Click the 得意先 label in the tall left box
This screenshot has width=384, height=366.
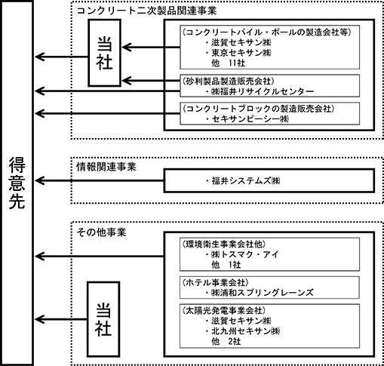pos(17,183)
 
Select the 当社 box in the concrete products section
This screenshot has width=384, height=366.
pos(105,53)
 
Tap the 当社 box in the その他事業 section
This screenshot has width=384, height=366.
pos(103,319)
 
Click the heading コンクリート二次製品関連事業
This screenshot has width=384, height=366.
pos(146,11)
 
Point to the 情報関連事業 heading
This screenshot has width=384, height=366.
pos(106,167)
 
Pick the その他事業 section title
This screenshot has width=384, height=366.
pos(101,232)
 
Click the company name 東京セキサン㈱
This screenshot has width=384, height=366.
pos(241,53)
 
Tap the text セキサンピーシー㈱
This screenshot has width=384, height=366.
pos(250,118)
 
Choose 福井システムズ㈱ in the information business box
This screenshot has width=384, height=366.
pos(246,180)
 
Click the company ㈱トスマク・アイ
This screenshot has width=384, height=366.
pos(245,254)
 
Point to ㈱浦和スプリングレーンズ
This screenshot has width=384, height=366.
pos(263,293)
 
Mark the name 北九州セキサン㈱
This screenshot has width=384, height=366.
pos(246,331)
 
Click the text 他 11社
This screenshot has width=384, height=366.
pos(228,63)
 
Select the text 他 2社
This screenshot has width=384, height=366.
pos(226,341)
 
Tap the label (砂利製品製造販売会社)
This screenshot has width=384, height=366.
pos(228,82)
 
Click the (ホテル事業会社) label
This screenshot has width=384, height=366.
pos(215,282)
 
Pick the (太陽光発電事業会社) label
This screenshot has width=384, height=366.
pos(223,311)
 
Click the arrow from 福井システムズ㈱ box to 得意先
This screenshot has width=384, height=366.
pos(100,180)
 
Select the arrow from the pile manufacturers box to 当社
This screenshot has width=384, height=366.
pos(151,47)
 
